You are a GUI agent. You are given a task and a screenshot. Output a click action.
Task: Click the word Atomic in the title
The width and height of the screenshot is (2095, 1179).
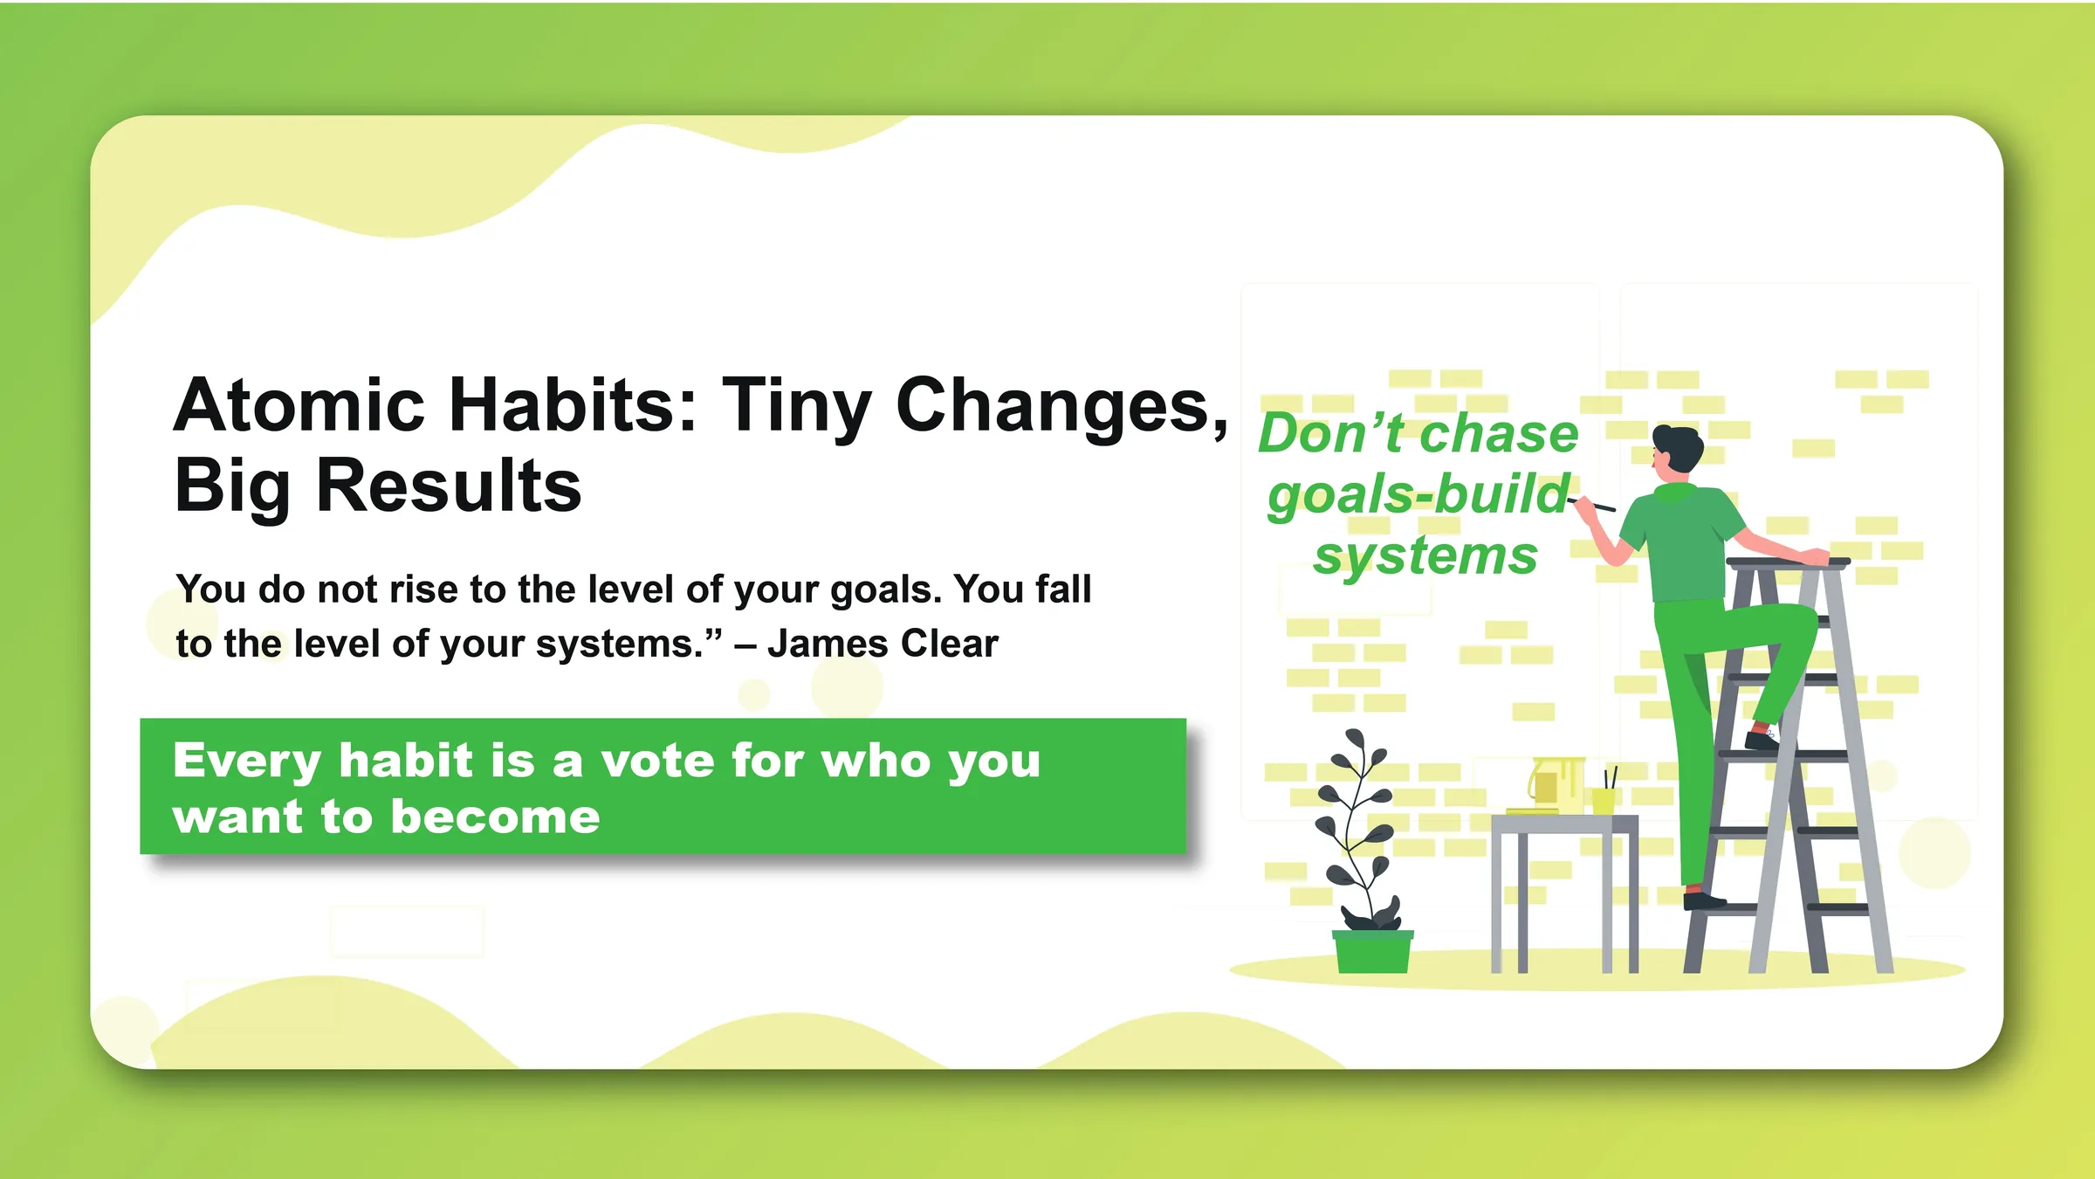click(299, 406)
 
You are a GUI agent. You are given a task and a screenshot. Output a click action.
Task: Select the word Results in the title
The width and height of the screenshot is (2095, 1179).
click(449, 486)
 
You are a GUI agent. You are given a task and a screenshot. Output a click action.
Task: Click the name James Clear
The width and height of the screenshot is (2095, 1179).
click(883, 644)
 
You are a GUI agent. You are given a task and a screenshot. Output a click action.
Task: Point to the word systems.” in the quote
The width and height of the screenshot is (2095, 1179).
click(628, 645)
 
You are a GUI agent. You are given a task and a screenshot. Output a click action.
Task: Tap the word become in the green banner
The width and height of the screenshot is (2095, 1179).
click(495, 817)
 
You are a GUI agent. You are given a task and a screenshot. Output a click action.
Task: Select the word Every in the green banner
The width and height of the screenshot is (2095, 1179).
click(247, 762)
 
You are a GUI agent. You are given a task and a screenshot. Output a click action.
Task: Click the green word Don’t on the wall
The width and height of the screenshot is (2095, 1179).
click(1329, 434)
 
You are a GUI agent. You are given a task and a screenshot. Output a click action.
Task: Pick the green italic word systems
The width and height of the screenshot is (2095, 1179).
click(1425, 556)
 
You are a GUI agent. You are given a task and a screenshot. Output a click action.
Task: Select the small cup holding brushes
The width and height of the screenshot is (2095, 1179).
click(1604, 800)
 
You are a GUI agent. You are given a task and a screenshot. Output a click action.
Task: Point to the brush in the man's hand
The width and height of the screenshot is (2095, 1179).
click(1596, 505)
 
